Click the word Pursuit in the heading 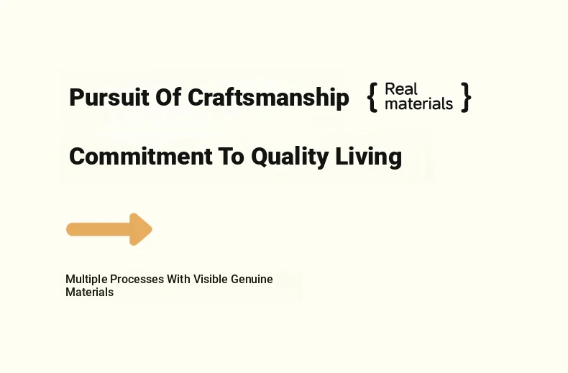(109, 97)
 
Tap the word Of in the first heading (168, 97)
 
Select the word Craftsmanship (268, 98)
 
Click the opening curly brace (372, 97)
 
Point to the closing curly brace (466, 97)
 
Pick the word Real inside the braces (401, 88)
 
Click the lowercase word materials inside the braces (418, 103)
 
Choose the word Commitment (140, 156)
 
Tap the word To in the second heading (231, 156)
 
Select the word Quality (290, 157)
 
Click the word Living (368, 157)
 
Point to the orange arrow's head (140, 229)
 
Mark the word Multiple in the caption (86, 279)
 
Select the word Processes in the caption (137, 279)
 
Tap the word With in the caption (178, 279)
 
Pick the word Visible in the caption (211, 279)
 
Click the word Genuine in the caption (252, 279)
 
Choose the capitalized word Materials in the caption (89, 293)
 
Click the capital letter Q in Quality (260, 157)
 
